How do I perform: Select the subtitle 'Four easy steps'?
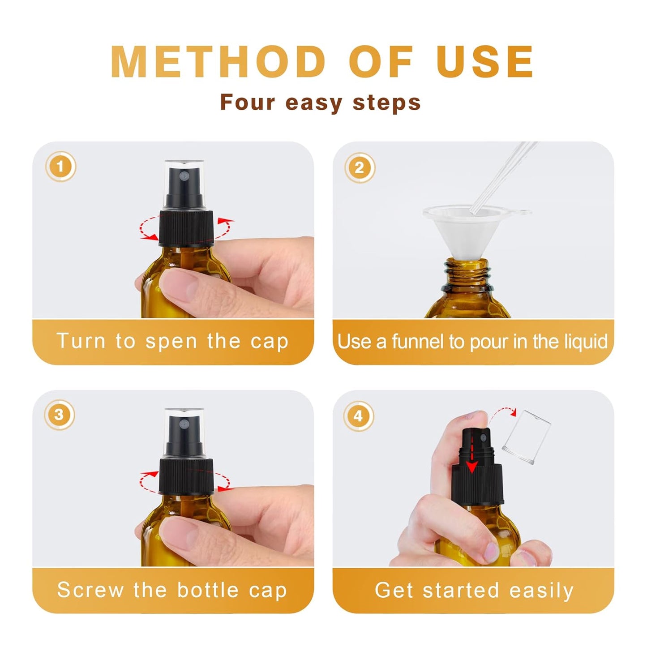point(320,103)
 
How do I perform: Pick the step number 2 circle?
point(359,168)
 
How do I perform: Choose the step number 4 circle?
point(358,416)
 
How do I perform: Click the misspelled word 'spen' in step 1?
point(171,341)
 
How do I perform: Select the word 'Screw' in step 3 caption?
point(90,590)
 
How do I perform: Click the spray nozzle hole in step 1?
point(183,177)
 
